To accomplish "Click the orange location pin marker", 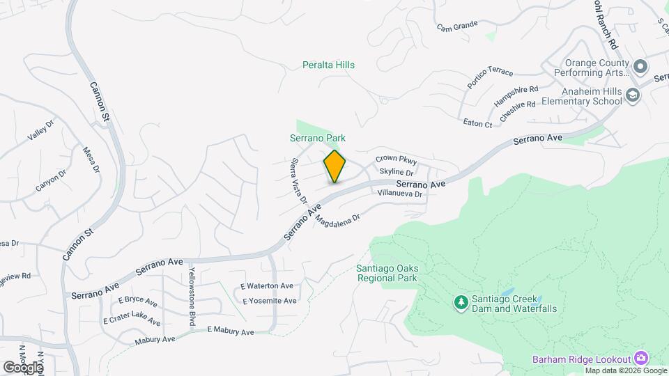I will (334, 166).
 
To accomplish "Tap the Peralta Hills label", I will (328, 65).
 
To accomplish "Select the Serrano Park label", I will (318, 139).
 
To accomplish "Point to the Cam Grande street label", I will (457, 26).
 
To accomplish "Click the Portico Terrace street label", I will (490, 73).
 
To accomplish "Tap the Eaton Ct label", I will (478, 123).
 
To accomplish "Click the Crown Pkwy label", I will (396, 159).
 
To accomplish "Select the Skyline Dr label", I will (397, 171).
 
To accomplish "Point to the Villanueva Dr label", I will (400, 194).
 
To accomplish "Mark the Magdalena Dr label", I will (337, 219).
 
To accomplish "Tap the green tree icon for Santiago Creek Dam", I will (460, 303).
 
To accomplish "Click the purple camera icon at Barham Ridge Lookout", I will (641, 359).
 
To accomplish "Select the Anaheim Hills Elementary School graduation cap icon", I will (633, 95).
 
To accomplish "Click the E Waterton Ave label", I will (267, 286).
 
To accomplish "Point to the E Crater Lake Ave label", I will (131, 318).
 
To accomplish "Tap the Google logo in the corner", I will (23, 366).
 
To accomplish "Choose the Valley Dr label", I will (40, 130).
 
